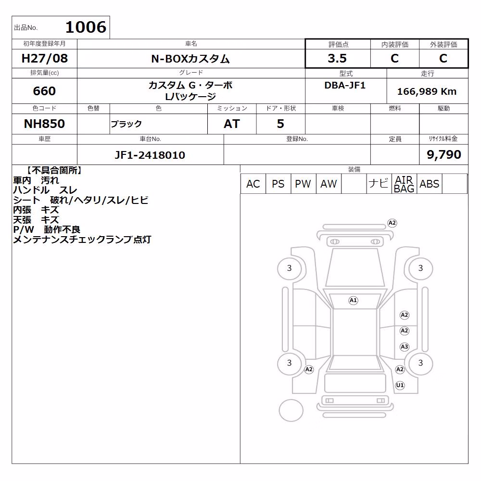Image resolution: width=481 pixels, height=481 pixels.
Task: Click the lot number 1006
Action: point(86,27)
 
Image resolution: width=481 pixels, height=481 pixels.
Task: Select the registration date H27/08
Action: point(44,58)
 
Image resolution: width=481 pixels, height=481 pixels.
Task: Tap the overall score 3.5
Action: point(337,58)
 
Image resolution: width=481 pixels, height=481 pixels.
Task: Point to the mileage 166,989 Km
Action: point(427,91)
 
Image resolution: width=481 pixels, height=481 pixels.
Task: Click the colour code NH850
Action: point(44,124)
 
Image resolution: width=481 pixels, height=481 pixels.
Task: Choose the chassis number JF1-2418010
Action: point(150,155)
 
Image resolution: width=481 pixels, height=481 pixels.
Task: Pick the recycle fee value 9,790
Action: point(444,154)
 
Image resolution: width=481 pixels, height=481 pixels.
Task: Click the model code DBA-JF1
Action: point(345,85)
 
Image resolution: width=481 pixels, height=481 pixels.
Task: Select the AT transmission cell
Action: point(232,124)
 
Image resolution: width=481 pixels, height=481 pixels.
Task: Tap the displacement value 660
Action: point(44,91)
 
